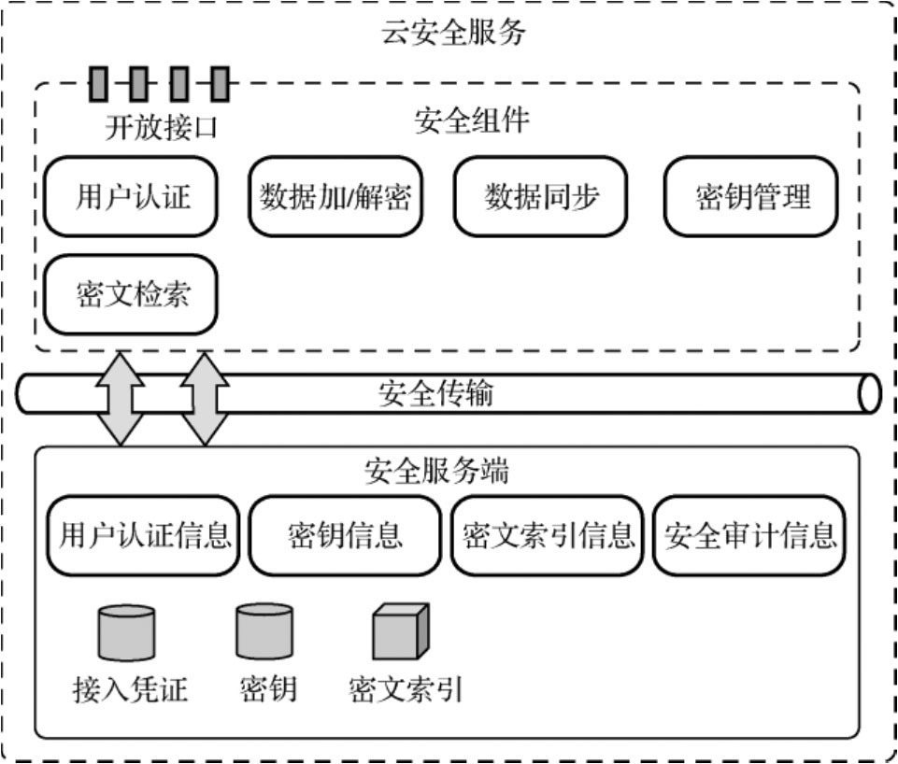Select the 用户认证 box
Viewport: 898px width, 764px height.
pos(132,197)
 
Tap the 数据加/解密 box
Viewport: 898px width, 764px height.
pos(335,197)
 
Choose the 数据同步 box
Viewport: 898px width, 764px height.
pos(541,197)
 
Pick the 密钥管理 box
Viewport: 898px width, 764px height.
pos(752,197)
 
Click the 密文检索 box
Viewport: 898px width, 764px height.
pos(132,294)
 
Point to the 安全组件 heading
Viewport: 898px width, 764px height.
pos(472,121)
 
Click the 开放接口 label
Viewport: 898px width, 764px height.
pos(161,127)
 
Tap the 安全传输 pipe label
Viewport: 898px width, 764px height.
pos(435,394)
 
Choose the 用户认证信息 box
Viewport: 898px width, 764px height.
pos(145,536)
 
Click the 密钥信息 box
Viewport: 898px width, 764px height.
pos(346,536)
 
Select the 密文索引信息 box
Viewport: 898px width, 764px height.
pos(549,536)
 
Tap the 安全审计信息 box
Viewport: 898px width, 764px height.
pos(750,536)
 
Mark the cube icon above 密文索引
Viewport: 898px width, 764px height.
pos(399,632)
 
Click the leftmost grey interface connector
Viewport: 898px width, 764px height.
pos(98,85)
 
